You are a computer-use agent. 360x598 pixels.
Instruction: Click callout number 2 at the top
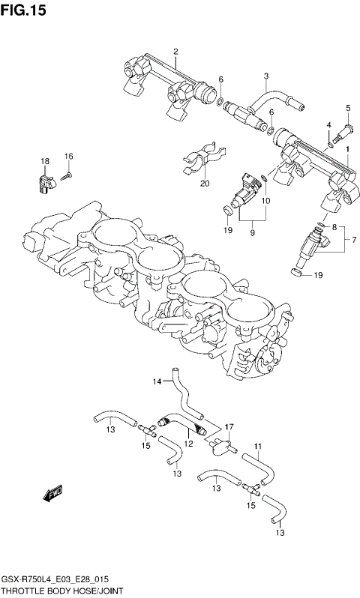(x=175, y=52)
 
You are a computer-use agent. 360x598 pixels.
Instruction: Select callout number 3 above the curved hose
(x=265, y=76)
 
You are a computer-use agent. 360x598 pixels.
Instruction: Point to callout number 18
(x=45, y=161)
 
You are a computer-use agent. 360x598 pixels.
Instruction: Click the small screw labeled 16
(x=67, y=175)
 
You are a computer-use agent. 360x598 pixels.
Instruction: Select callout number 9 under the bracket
(x=252, y=232)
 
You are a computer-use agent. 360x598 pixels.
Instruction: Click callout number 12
(x=189, y=444)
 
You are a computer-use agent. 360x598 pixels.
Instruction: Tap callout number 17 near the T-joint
(x=230, y=426)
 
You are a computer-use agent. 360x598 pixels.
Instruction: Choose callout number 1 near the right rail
(x=347, y=149)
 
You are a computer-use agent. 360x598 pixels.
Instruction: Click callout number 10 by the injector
(x=265, y=202)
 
